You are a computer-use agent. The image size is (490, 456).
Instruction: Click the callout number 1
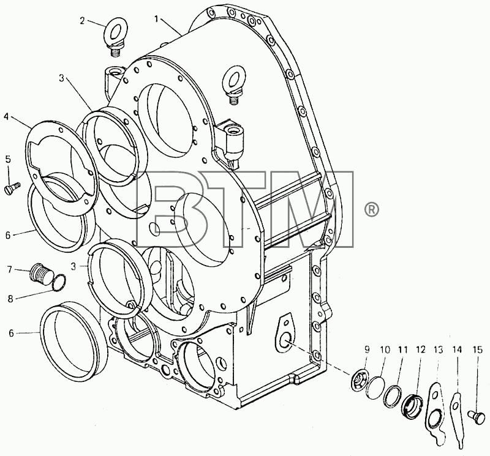tap(157, 19)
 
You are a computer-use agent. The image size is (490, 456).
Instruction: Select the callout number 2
tap(82, 21)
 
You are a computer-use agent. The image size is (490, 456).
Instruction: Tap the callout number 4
tap(6, 117)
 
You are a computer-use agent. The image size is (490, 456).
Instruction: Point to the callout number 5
tap(8, 159)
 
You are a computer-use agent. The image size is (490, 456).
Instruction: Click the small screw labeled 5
tap(12, 189)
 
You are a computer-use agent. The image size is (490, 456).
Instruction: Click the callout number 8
tap(10, 299)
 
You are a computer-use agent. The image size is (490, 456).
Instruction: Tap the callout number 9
tap(367, 350)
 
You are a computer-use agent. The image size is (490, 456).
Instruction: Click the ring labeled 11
tap(393, 397)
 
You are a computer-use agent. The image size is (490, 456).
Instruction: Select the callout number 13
tap(439, 350)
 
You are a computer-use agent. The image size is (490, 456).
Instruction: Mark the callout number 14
tap(457, 350)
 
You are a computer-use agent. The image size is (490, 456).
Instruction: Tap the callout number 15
tap(478, 350)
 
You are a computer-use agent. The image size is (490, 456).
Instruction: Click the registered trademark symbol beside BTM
tap(372, 209)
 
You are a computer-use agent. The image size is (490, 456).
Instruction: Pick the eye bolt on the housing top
tap(233, 85)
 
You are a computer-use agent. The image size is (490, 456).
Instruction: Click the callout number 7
tap(10, 269)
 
